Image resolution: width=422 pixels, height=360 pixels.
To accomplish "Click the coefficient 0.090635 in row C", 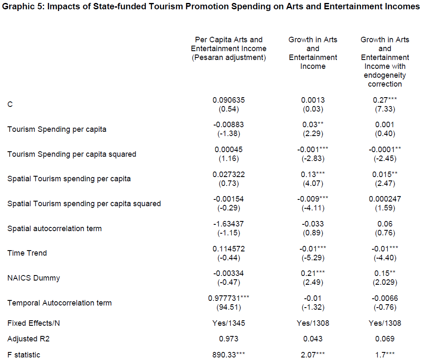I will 229,100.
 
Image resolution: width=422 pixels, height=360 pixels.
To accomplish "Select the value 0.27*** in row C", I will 384,100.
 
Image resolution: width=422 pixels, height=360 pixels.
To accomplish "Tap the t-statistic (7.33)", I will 384,109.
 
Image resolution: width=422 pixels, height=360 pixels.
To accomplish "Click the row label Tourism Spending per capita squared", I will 72,154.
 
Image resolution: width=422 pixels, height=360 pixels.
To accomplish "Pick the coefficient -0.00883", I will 229,125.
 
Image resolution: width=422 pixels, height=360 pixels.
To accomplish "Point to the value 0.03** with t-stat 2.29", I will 313,125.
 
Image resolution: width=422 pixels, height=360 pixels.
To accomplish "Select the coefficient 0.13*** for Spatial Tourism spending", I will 313,175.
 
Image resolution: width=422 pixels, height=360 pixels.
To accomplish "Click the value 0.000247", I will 384,199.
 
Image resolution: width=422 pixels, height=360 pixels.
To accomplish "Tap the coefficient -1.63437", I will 229,224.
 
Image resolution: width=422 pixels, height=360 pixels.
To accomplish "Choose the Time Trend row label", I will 27,253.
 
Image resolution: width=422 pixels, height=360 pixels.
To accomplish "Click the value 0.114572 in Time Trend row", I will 229,249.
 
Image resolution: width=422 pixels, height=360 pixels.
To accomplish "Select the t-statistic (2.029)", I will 384,282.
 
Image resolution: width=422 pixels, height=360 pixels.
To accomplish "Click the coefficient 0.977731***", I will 229,298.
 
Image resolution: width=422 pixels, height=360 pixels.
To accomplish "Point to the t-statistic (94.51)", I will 229,307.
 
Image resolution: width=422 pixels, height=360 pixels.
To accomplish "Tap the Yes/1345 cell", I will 229,323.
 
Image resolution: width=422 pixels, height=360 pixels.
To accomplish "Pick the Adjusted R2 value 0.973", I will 229,339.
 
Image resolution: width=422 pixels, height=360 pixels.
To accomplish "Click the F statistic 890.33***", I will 229,355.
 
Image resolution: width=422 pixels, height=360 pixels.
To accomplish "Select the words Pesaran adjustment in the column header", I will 229,57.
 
